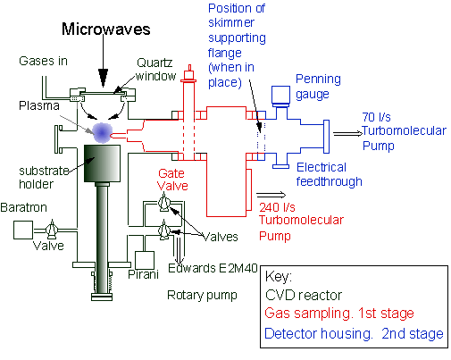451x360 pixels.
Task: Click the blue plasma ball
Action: click(102, 133)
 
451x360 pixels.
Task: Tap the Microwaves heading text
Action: click(106, 29)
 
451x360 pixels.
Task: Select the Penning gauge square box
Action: click(280, 95)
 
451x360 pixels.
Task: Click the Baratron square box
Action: click(23, 230)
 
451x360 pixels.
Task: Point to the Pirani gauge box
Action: click(145, 261)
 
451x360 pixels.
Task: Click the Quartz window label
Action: click(155, 70)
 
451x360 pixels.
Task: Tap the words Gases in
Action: click(43, 61)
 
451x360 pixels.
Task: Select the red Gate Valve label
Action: click(172, 180)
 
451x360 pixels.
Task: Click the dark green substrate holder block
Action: click(102, 163)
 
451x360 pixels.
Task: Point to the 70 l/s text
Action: click(376, 117)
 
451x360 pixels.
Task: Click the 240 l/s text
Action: click(277, 207)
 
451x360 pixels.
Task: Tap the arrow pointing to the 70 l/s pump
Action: click(347, 134)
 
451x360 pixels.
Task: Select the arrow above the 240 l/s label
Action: click(271, 195)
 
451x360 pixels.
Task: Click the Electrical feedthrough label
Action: click(329, 174)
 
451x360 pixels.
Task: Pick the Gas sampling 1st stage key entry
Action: click(339, 314)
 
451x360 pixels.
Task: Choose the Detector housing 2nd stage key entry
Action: click(354, 333)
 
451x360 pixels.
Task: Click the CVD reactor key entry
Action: click(304, 295)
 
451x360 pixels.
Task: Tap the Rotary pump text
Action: click(202, 296)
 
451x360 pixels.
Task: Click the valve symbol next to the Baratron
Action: click(52, 230)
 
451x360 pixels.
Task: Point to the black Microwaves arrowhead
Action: click(104, 78)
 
